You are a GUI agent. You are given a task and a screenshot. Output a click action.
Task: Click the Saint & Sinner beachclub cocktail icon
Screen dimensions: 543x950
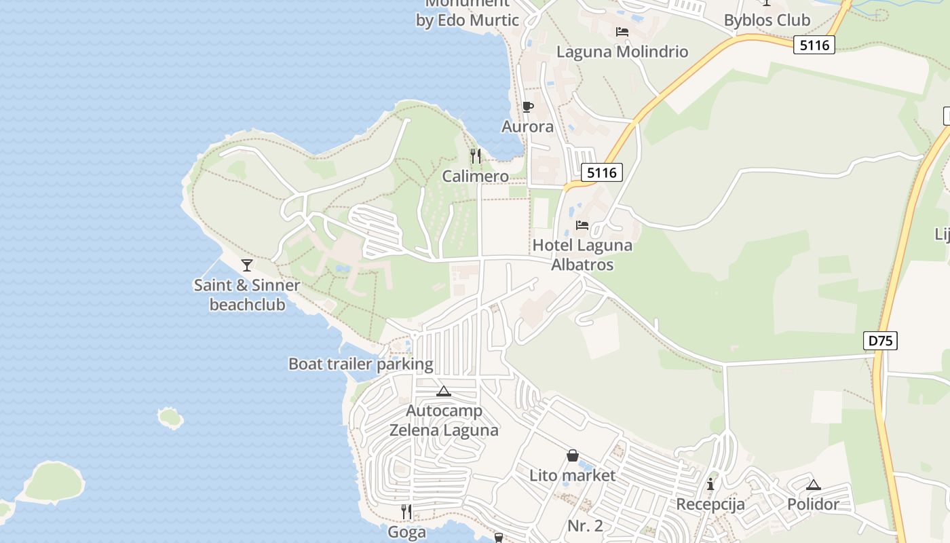coord(247,265)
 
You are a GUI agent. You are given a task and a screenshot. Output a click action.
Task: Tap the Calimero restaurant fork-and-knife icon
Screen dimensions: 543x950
coord(475,156)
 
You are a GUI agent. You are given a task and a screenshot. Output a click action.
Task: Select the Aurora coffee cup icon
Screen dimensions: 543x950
coord(527,107)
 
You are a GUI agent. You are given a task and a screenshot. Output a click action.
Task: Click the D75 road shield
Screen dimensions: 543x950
coord(881,341)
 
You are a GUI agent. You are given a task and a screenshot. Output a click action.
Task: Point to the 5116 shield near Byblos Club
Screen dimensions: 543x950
coord(814,45)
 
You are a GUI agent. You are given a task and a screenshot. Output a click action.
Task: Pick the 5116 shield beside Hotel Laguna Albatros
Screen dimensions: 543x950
coord(601,172)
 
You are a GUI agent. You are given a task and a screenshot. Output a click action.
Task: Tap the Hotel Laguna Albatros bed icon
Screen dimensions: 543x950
coord(582,225)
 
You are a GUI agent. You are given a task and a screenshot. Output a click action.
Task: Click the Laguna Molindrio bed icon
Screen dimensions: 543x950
coord(622,32)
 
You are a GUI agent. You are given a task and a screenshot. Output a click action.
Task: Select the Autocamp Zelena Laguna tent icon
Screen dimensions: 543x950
coord(444,391)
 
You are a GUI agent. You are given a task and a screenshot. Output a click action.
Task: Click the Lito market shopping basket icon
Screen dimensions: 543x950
coord(573,455)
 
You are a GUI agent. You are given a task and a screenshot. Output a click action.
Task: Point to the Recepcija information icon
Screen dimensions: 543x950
coord(710,484)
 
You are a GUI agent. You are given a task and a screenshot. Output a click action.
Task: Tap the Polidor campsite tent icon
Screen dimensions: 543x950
coord(813,485)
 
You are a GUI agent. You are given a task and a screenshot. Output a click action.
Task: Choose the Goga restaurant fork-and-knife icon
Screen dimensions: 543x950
coord(406,512)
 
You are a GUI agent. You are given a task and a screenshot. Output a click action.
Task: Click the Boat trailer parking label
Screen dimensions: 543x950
coord(360,364)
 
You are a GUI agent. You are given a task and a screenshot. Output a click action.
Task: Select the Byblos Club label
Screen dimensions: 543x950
coord(767,20)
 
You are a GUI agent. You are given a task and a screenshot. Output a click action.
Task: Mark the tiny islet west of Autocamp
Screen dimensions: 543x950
coord(170,417)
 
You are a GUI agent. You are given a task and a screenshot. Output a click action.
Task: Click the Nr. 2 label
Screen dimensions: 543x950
coord(585,525)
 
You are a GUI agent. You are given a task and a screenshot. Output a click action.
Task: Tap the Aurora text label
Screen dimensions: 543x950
coord(527,127)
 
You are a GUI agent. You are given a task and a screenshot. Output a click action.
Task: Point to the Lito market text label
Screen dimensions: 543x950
coord(572,475)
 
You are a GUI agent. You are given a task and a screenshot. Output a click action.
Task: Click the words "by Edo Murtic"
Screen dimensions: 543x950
coord(467,20)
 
